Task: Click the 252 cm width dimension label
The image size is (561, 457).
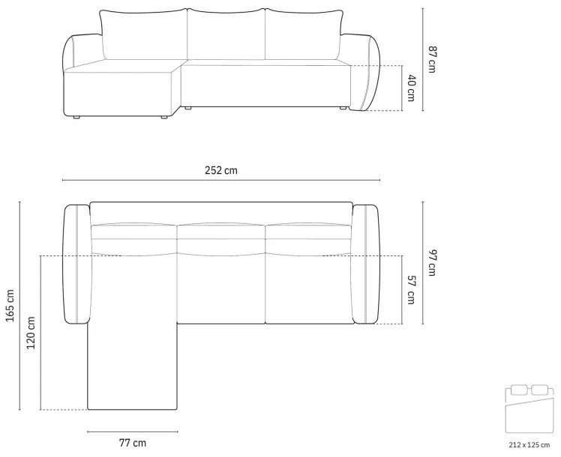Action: point(220,170)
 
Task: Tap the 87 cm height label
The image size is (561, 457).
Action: point(432,59)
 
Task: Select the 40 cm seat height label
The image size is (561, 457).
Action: point(411,88)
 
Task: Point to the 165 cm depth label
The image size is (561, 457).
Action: point(10,306)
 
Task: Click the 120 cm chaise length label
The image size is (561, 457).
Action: point(31,333)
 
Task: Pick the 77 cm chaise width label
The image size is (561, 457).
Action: point(133,443)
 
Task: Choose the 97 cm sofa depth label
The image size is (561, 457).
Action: point(432,263)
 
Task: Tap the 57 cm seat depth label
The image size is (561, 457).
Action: point(411,290)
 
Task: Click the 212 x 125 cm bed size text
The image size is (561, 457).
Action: point(529,445)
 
